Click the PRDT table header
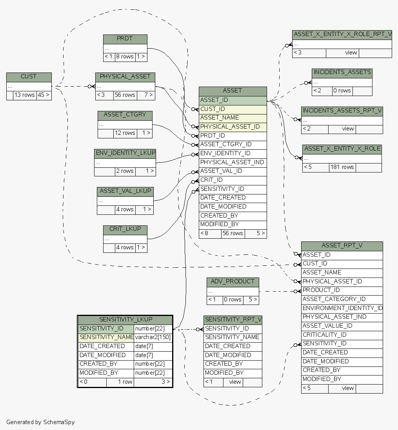tap(125, 39)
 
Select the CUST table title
tap(29, 76)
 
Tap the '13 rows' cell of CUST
tap(25, 95)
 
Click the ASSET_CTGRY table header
tap(125, 115)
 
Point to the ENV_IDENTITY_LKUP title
tap(125, 153)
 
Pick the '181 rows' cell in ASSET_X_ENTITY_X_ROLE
tap(342, 167)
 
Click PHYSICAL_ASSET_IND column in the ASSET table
tap(233, 162)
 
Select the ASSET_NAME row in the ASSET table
tap(233, 118)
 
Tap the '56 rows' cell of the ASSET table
tap(233, 233)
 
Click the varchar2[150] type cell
tap(153, 337)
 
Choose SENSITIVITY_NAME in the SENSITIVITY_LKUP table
tap(106, 337)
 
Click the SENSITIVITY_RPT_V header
tap(233, 319)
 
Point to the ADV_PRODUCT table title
tap(233, 282)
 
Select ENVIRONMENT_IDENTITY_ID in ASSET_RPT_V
tap(342, 308)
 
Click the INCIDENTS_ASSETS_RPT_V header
tap(342, 111)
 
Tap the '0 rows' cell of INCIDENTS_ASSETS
tap(342, 91)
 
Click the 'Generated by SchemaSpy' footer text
tap(40, 422)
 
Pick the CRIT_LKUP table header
tap(125, 229)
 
